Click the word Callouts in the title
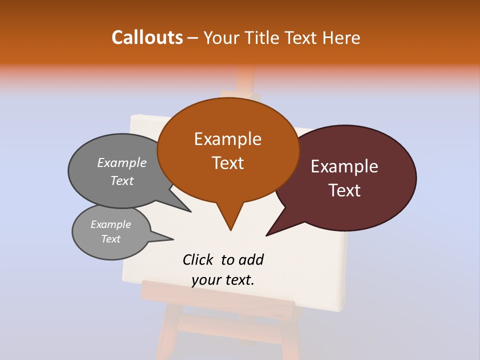147,37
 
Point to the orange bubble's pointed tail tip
230,230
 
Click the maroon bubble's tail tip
266,235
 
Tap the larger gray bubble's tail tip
190,211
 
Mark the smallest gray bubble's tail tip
173,239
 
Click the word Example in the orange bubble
228,139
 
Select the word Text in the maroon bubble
345,190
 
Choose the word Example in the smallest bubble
110,224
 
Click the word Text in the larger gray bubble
122,180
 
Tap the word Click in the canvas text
198,259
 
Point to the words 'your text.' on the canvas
223,280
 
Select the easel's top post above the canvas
245,80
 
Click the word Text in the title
302,37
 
